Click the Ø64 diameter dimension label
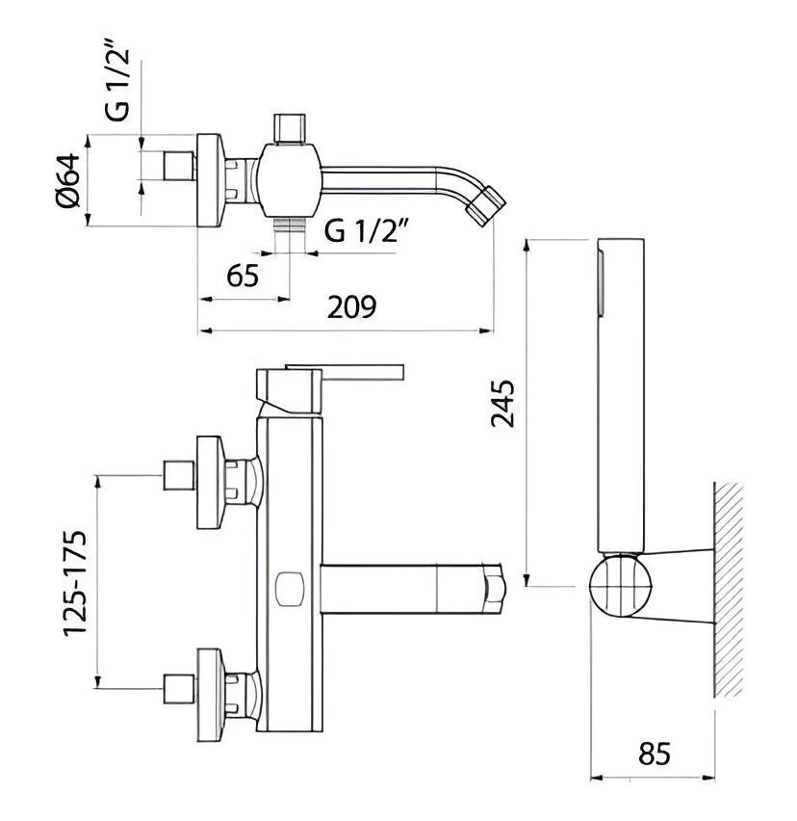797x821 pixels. tap(69, 179)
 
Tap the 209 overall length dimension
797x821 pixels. tap(351, 306)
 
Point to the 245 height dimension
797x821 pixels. tap(503, 403)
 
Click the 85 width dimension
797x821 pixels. tap(655, 754)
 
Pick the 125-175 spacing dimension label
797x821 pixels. tap(75, 583)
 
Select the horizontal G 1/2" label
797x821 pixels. tap(367, 230)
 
